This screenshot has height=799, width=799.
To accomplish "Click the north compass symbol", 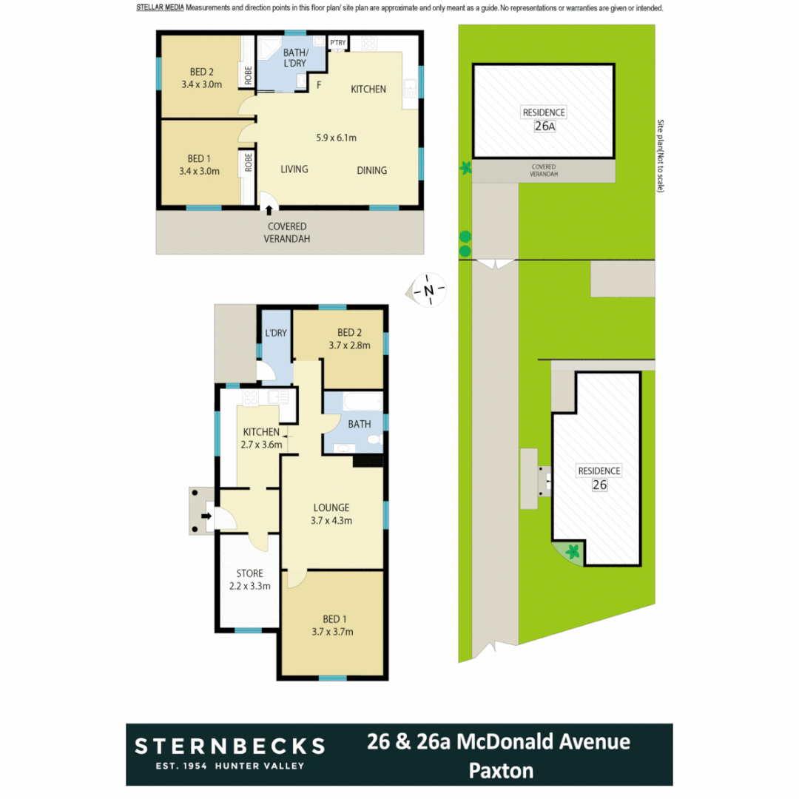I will click(428, 290).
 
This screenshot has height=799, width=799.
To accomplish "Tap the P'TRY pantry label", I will click(338, 42).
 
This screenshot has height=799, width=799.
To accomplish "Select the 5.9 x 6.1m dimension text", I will click(337, 138).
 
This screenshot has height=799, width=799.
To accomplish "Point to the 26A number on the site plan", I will click(544, 126).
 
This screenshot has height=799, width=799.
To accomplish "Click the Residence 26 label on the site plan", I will click(599, 477).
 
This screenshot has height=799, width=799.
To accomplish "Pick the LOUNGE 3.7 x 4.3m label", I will click(331, 513).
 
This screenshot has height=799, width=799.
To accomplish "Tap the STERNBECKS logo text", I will click(229, 745).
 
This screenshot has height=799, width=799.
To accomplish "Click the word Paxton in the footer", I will click(501, 771).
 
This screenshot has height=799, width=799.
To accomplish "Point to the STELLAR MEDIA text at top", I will click(160, 8).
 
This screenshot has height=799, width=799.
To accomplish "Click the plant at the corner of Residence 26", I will click(572, 551).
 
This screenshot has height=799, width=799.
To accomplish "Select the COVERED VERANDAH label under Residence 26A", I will click(543, 171).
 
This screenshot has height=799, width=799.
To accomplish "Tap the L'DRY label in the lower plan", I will click(275, 334).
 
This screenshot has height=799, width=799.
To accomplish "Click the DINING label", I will click(371, 170).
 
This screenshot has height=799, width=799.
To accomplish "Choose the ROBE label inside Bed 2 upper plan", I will click(248, 75).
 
